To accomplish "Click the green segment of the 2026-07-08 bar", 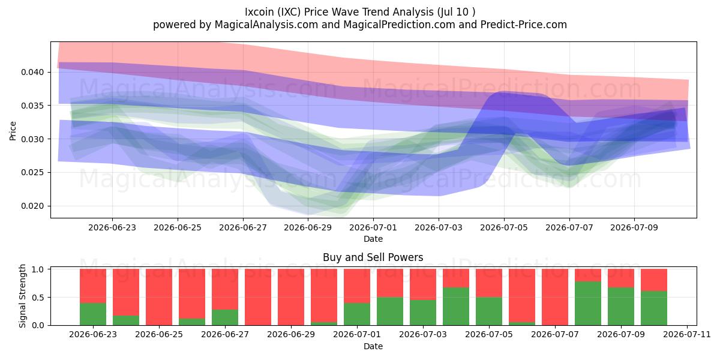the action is point(588,303).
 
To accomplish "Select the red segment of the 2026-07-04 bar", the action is point(456,278).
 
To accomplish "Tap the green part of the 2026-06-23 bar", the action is point(93,314).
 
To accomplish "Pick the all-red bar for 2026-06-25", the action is point(159,297).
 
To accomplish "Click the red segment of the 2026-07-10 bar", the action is point(654,280).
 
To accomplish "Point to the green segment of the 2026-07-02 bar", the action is point(390,311).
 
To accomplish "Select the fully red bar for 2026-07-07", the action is point(555,297).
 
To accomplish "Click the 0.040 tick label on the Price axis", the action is point(32,72).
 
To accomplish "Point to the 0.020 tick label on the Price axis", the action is point(32,206).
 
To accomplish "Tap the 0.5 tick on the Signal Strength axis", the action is point(38,298).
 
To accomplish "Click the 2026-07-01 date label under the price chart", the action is point(373,227).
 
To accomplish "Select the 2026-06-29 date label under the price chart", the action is point(308,227).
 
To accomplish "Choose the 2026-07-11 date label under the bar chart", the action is point(687,334).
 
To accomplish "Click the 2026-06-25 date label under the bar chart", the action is point(159,334).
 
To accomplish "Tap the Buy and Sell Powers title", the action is point(373,257).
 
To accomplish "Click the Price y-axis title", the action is point(13,131).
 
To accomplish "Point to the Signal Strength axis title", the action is point(22,296).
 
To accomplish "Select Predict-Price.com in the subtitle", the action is point(524,25).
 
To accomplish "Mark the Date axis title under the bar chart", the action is point(373,347).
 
